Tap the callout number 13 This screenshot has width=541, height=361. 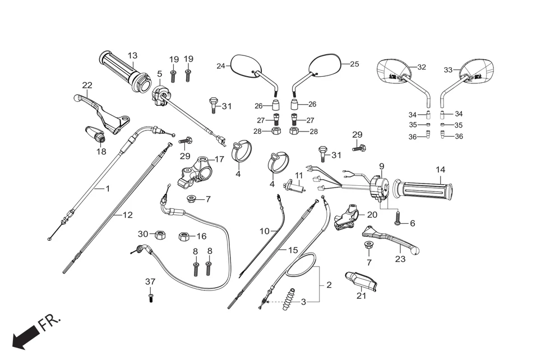click(132, 55)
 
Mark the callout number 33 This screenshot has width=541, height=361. click(448, 70)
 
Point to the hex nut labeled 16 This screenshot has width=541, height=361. click(183, 236)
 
